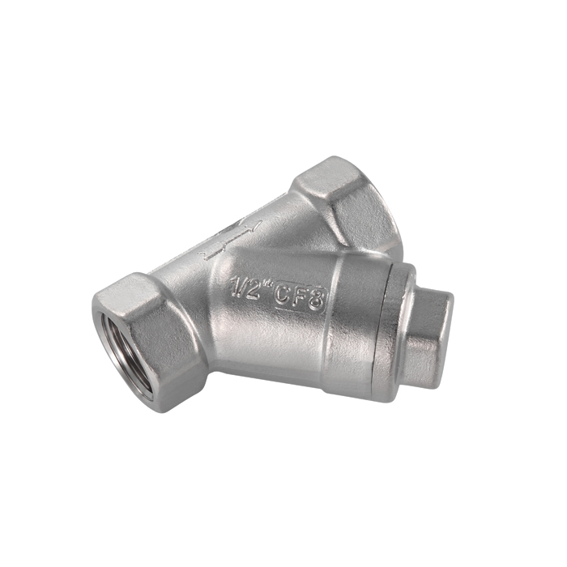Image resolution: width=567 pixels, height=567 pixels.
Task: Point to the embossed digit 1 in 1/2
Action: [236, 284]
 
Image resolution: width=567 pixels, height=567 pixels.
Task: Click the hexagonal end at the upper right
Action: [347, 202]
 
